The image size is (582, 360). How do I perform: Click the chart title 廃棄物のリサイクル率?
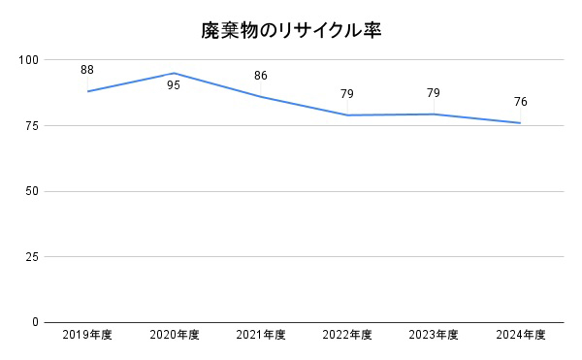click(291, 30)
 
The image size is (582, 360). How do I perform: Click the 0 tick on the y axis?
click(35, 322)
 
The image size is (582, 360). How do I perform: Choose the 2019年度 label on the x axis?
click(87, 336)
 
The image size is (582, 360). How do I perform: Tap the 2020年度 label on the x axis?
click(175, 336)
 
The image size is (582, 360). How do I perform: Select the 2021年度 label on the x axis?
click(261, 336)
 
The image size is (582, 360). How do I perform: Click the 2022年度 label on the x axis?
click(347, 336)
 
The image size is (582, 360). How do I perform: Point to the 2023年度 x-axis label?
click(434, 336)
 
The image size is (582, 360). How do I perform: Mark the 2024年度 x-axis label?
click(521, 336)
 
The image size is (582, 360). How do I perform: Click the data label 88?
click(87, 70)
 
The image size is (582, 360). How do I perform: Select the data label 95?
click(174, 85)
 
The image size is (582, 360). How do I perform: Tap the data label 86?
click(261, 76)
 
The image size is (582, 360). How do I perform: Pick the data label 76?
click(521, 102)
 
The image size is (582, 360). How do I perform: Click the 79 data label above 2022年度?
click(347, 94)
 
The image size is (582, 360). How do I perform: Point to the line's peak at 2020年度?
click(174, 73)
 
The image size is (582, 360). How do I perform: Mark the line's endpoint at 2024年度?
click(521, 122)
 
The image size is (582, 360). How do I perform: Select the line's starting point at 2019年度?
click(87, 91)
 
